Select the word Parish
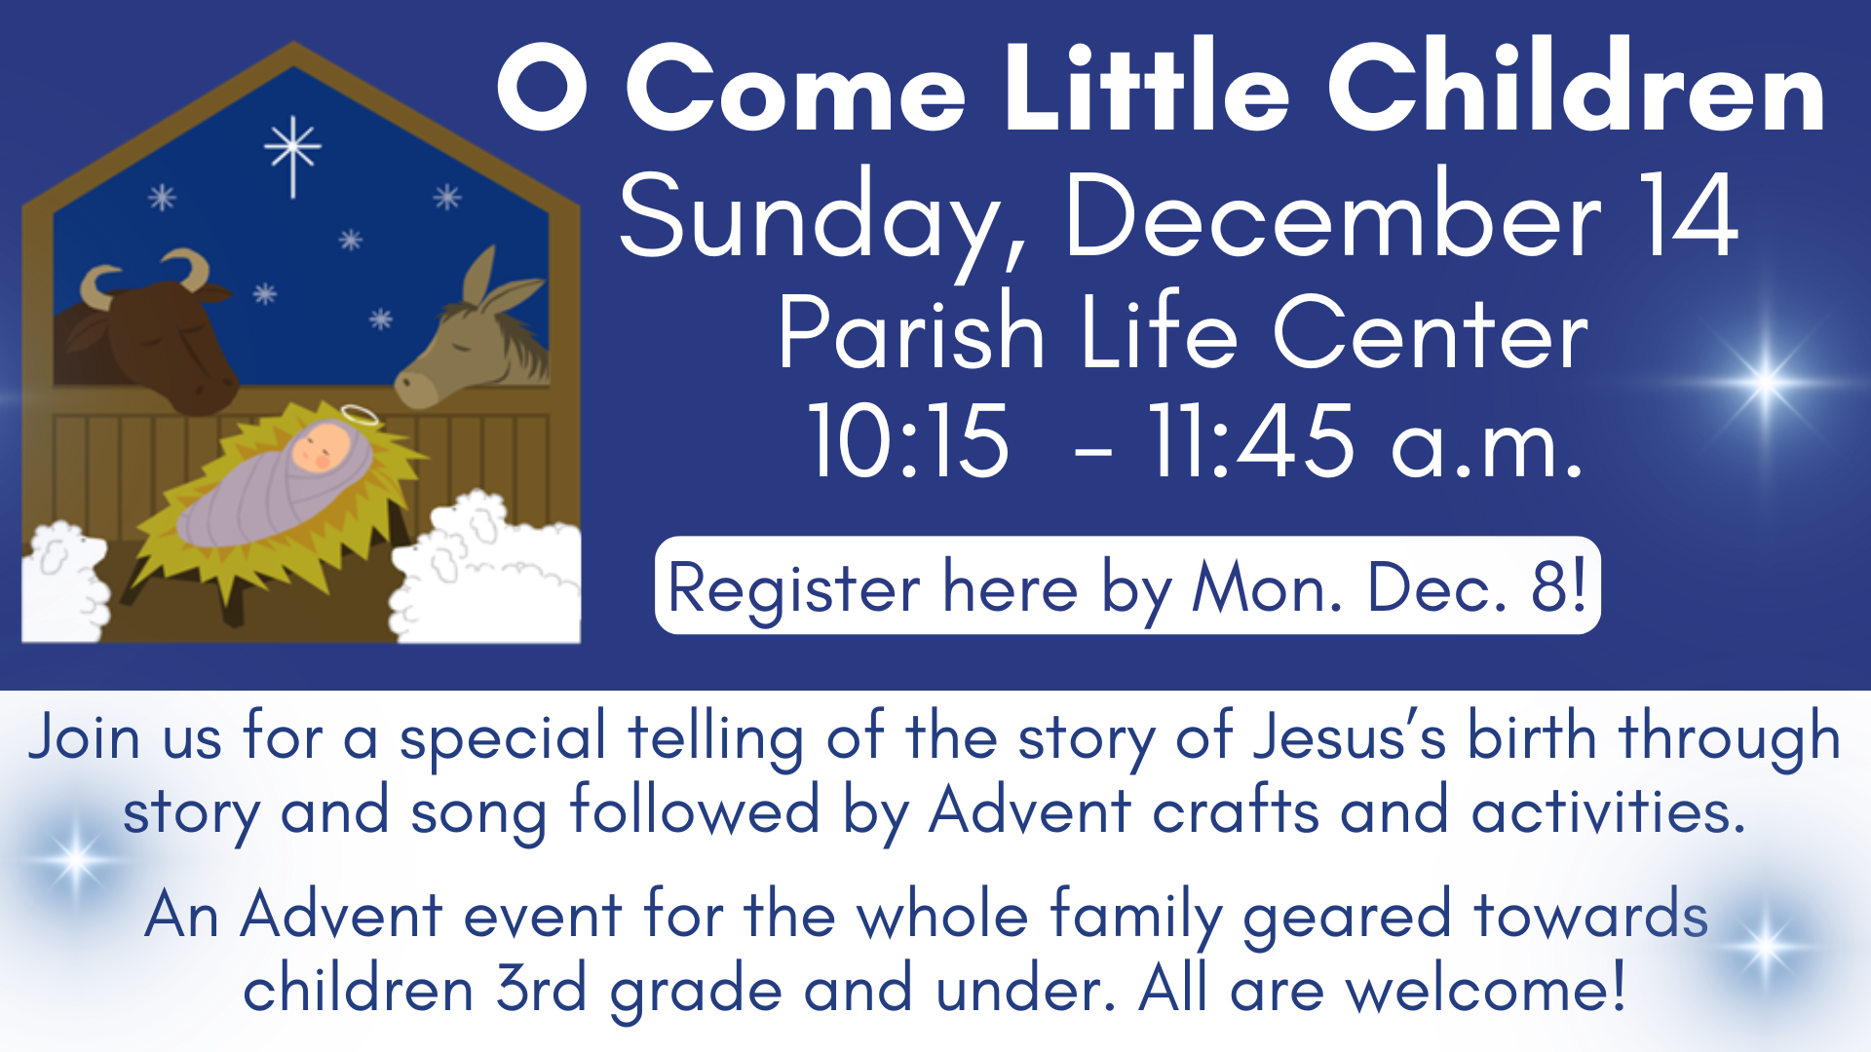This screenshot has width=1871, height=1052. pyautogui.click(x=911, y=333)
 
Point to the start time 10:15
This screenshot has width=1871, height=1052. pyautogui.click(x=908, y=441)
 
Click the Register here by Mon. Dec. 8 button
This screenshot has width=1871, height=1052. pyautogui.click(x=1127, y=585)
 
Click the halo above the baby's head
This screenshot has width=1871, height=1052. pyautogui.click(x=360, y=416)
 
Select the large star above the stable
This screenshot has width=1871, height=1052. pyautogui.click(x=292, y=152)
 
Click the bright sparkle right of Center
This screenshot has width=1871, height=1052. pyautogui.click(x=1766, y=382)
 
